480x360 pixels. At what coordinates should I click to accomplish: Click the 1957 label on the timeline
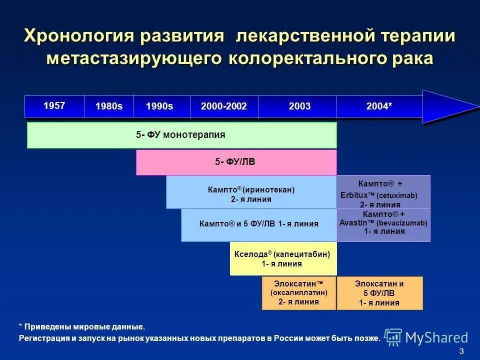(x=54, y=105)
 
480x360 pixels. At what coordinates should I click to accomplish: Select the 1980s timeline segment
(x=109, y=106)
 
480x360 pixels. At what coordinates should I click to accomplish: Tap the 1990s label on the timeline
(x=159, y=106)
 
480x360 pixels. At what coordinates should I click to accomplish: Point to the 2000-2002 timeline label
(x=223, y=106)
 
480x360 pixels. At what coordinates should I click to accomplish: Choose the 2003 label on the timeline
(x=299, y=106)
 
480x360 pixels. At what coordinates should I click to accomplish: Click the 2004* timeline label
(x=379, y=106)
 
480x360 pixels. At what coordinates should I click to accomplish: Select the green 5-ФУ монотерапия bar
(x=181, y=135)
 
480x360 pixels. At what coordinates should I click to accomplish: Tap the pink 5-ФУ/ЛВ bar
(x=236, y=162)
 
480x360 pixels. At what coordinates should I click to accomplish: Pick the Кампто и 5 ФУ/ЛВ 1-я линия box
(x=258, y=224)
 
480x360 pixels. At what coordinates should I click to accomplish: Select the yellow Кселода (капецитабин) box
(x=282, y=258)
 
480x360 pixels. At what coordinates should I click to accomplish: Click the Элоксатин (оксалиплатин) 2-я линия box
(x=299, y=293)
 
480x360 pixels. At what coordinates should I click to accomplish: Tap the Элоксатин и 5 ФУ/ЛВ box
(x=379, y=293)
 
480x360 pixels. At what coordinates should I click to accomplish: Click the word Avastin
(x=353, y=222)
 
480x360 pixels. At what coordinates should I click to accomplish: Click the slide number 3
(x=461, y=350)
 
